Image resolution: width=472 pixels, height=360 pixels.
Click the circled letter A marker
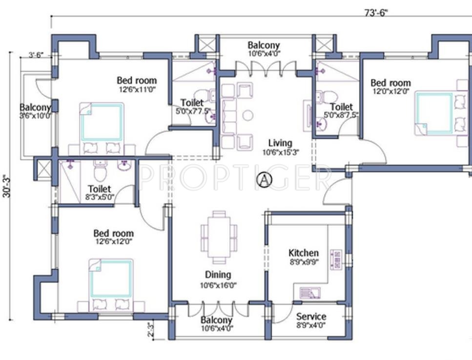coord(264,180)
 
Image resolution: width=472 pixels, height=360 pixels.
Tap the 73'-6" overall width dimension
coord(376,13)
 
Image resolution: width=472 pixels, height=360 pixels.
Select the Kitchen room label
coord(304,253)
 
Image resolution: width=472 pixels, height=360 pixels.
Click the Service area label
coord(311,316)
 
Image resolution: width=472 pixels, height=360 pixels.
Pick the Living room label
coord(280,143)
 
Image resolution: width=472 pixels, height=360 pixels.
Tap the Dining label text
coord(218,275)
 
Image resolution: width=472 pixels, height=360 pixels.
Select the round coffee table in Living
coord(248,116)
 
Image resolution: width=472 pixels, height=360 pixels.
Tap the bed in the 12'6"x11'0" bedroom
coord(101,122)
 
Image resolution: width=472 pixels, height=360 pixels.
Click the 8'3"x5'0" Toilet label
coord(100,189)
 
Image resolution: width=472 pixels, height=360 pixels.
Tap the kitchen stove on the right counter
coord(336,259)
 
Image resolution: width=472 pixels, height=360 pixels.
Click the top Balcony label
coord(264,45)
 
